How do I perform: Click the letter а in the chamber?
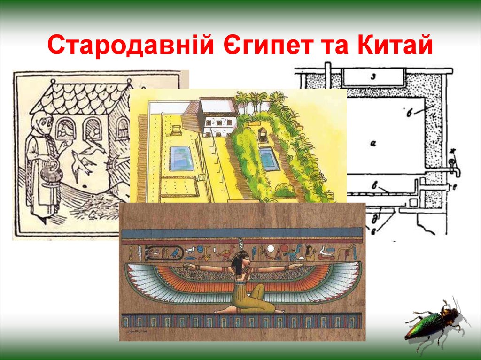coord(372,144)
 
